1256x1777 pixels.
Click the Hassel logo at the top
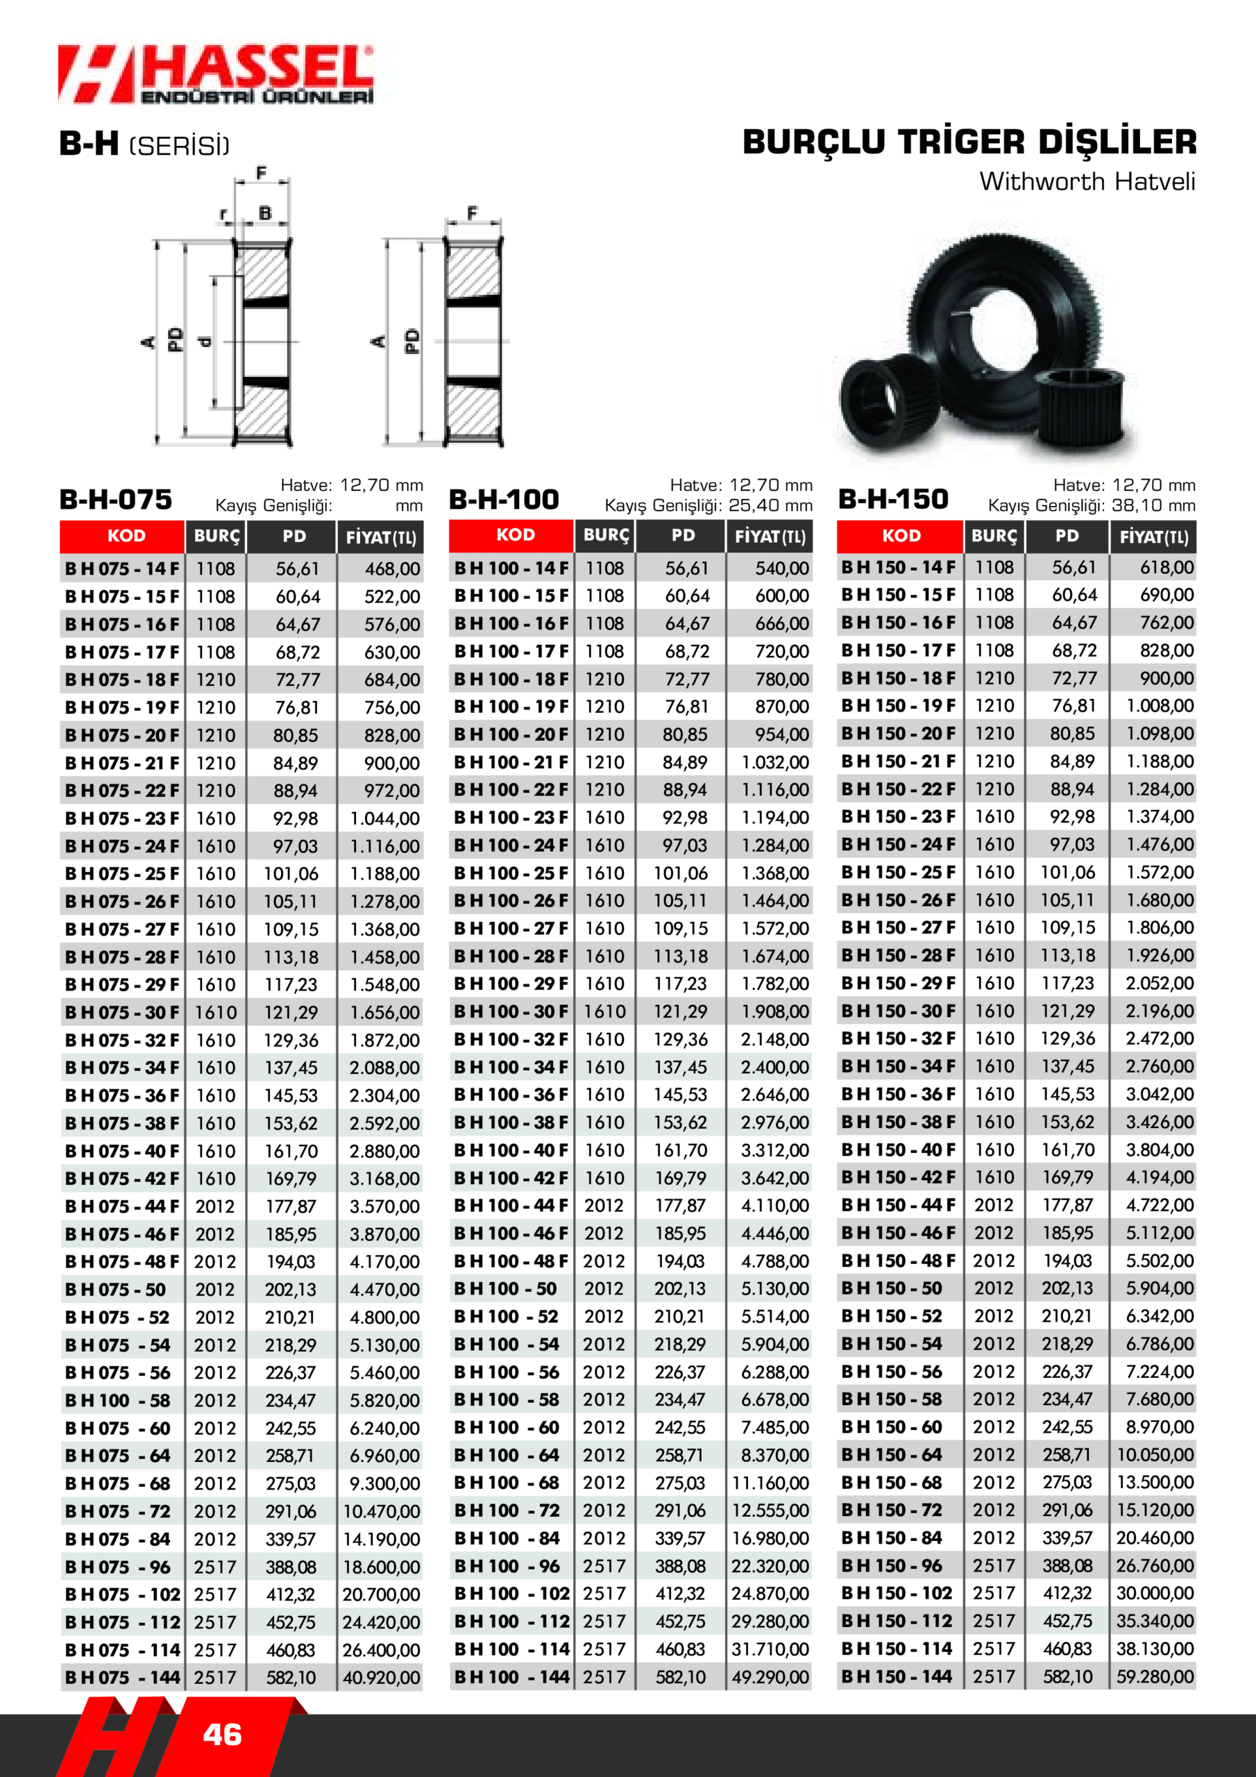coord(216,74)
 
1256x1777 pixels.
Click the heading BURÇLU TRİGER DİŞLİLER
coord(969,142)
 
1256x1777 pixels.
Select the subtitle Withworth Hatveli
coord(1087,181)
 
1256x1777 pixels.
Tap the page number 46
coord(222,1735)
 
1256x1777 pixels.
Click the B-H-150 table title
coord(894,499)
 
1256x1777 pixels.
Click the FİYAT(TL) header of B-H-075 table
coord(381,537)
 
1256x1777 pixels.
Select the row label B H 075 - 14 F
coord(122,569)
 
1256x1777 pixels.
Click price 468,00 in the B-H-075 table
coord(392,569)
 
